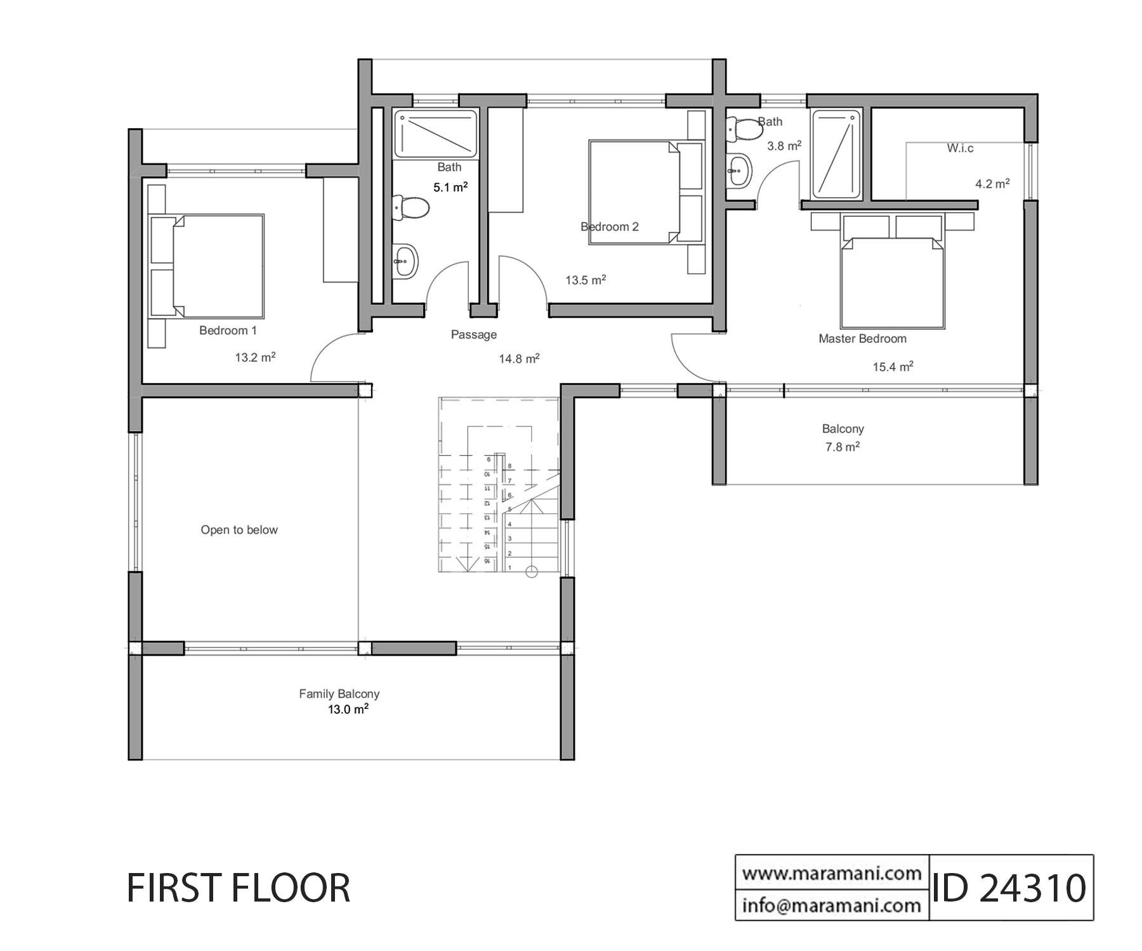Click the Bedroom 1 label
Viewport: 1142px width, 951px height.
[x=228, y=330]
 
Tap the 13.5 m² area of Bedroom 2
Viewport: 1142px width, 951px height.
[x=586, y=280]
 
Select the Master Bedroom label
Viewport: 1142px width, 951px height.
[x=862, y=339]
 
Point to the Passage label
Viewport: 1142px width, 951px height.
[x=473, y=335]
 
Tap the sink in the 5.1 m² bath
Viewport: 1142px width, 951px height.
[x=404, y=260]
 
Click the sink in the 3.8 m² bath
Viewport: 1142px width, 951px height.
[x=738, y=169]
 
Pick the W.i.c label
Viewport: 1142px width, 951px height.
[x=960, y=148]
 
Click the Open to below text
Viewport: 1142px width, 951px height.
[x=239, y=530]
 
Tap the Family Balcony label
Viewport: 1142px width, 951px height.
[x=339, y=694]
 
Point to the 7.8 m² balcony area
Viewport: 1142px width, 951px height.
[x=843, y=447]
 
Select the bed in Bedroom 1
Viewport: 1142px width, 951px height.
[x=206, y=266]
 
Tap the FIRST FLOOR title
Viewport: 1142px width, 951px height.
[x=239, y=888]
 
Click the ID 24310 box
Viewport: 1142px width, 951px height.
[x=1011, y=888]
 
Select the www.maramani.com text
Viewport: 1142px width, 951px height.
[x=832, y=874]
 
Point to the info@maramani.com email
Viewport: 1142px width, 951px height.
[x=832, y=905]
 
